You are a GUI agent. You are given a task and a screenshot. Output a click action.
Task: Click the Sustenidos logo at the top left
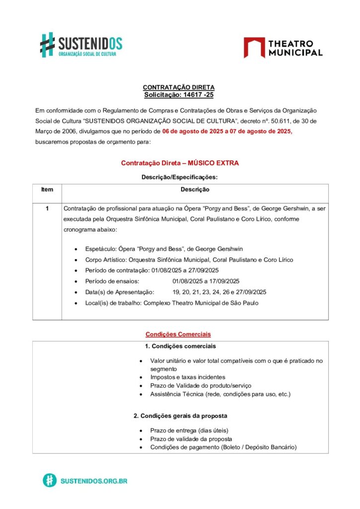click(81, 45)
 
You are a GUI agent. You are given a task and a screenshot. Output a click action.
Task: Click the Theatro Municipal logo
click(283, 48)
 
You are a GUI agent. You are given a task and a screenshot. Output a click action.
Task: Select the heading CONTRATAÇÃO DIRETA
click(179, 87)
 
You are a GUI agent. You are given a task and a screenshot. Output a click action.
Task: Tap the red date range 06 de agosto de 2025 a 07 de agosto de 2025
click(227, 132)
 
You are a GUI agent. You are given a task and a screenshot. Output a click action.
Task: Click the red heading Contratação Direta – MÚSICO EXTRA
click(180, 163)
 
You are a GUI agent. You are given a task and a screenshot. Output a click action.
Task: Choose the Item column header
click(47, 189)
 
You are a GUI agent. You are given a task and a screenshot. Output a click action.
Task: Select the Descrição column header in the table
click(194, 189)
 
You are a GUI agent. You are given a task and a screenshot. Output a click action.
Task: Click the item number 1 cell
click(47, 209)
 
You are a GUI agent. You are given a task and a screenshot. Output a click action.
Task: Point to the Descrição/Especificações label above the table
click(180, 176)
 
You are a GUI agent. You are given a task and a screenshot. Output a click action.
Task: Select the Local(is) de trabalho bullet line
click(172, 303)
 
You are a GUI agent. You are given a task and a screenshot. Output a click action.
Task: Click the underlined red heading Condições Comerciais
click(178, 335)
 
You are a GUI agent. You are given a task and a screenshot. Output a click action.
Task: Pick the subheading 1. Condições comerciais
click(180, 346)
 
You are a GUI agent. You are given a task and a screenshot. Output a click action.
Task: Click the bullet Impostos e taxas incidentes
click(187, 377)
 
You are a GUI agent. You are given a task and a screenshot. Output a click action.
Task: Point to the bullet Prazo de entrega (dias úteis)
click(189, 430)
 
